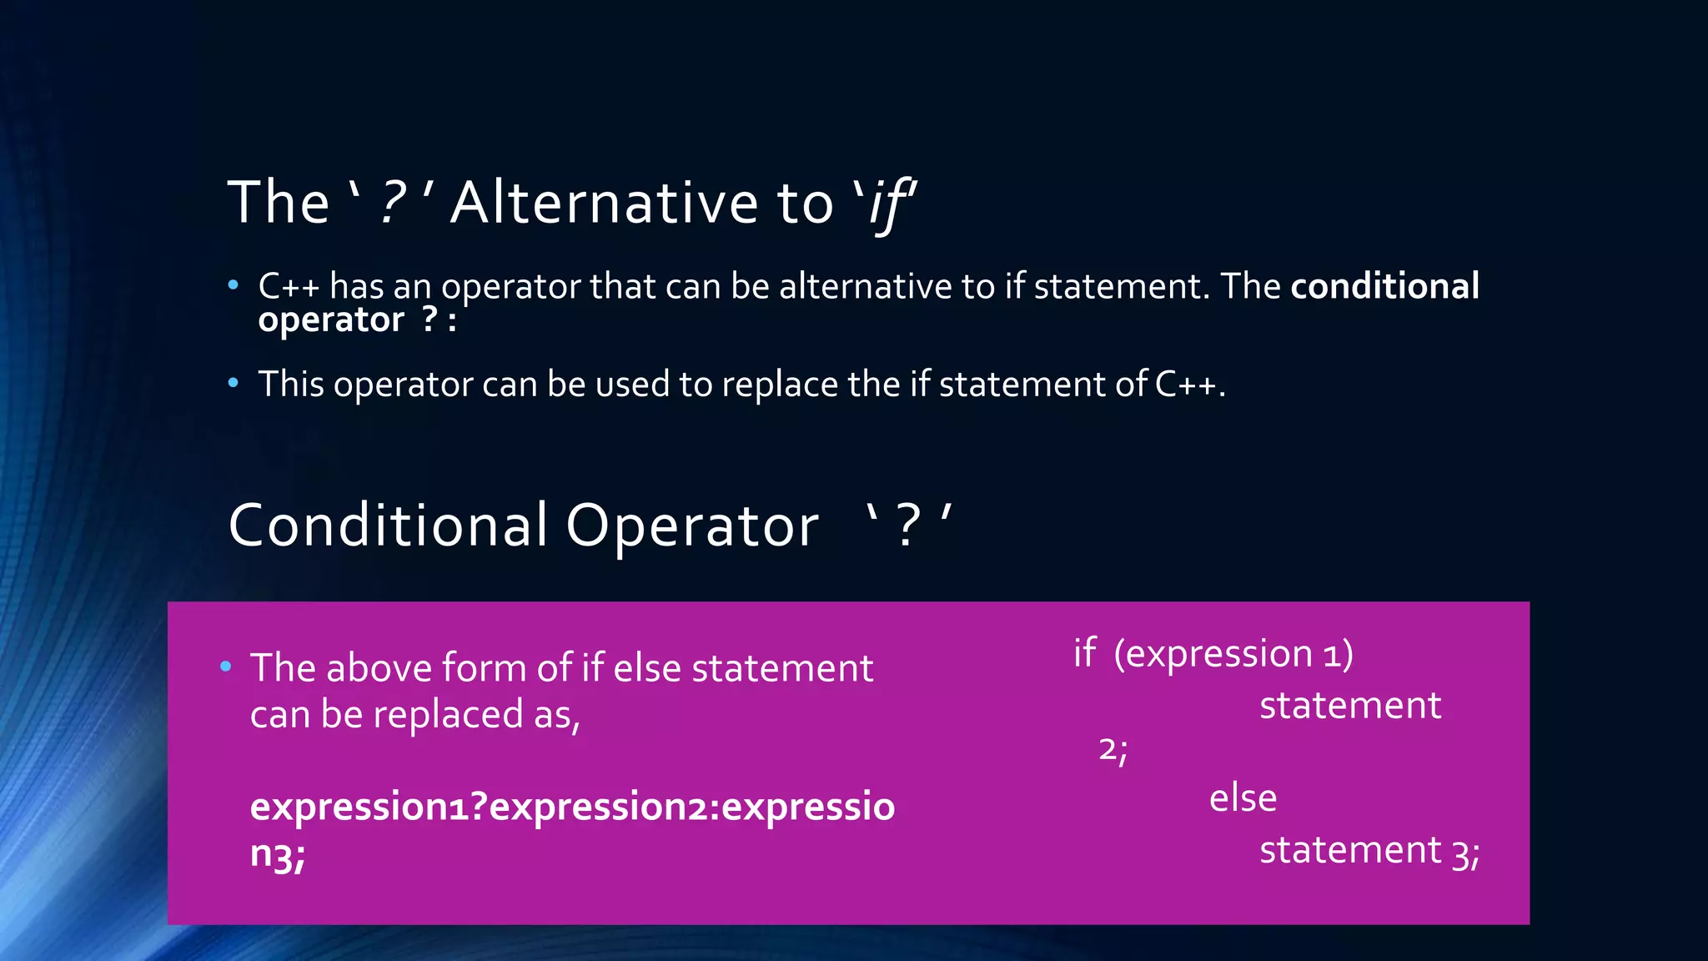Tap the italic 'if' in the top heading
pyautogui.click(x=889, y=204)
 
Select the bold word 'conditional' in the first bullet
pyautogui.click(x=1384, y=286)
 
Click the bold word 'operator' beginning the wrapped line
pyautogui.click(x=331, y=320)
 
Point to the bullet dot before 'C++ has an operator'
pyautogui.click(x=234, y=285)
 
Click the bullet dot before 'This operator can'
pyautogui.click(x=234, y=383)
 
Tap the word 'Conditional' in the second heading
pyautogui.click(x=388, y=526)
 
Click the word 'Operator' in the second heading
pyautogui.click(x=692, y=526)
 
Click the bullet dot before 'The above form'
pyautogui.click(x=225, y=667)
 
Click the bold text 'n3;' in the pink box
pyautogui.click(x=278, y=854)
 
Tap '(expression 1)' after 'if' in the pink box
pyautogui.click(x=1233, y=653)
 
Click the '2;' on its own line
pyautogui.click(x=1113, y=749)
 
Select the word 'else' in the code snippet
pyautogui.click(x=1243, y=798)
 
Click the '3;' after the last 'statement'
pyautogui.click(x=1465, y=853)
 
